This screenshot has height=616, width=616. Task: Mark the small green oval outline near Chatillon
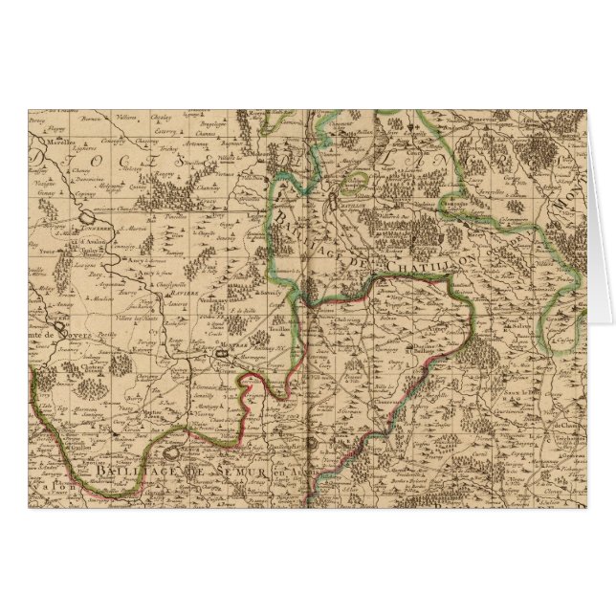(x=356, y=180)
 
